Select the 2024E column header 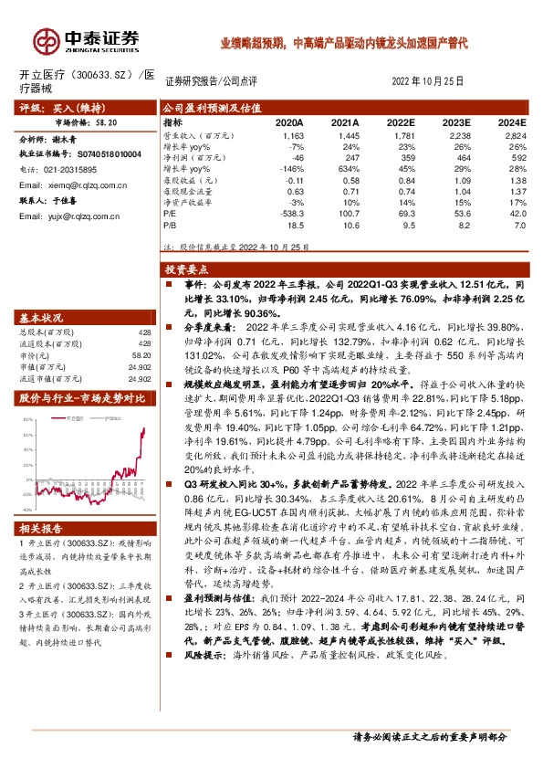[511, 122]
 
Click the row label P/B [170, 223]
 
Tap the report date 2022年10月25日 [434, 80]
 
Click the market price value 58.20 [105, 121]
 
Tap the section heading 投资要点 [187, 271]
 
